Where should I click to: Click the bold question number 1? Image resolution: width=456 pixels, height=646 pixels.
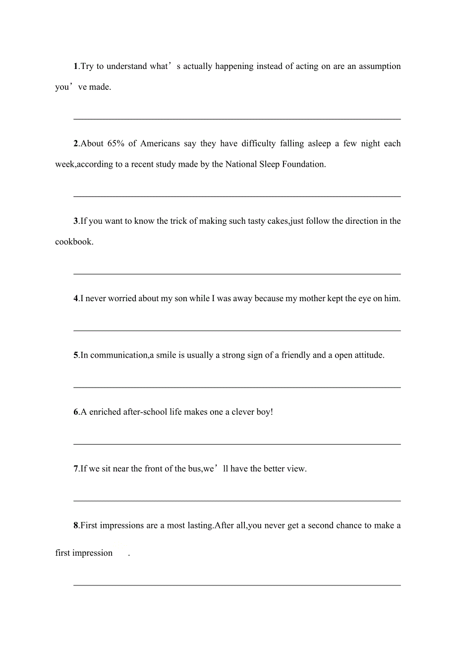(76, 66)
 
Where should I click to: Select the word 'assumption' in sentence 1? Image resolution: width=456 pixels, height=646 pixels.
(380, 66)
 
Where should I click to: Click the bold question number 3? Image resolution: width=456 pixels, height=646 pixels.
(76, 221)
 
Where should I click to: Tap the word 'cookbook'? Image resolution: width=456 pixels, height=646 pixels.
(73, 242)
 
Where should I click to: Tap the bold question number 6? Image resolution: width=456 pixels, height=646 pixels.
(76, 412)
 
